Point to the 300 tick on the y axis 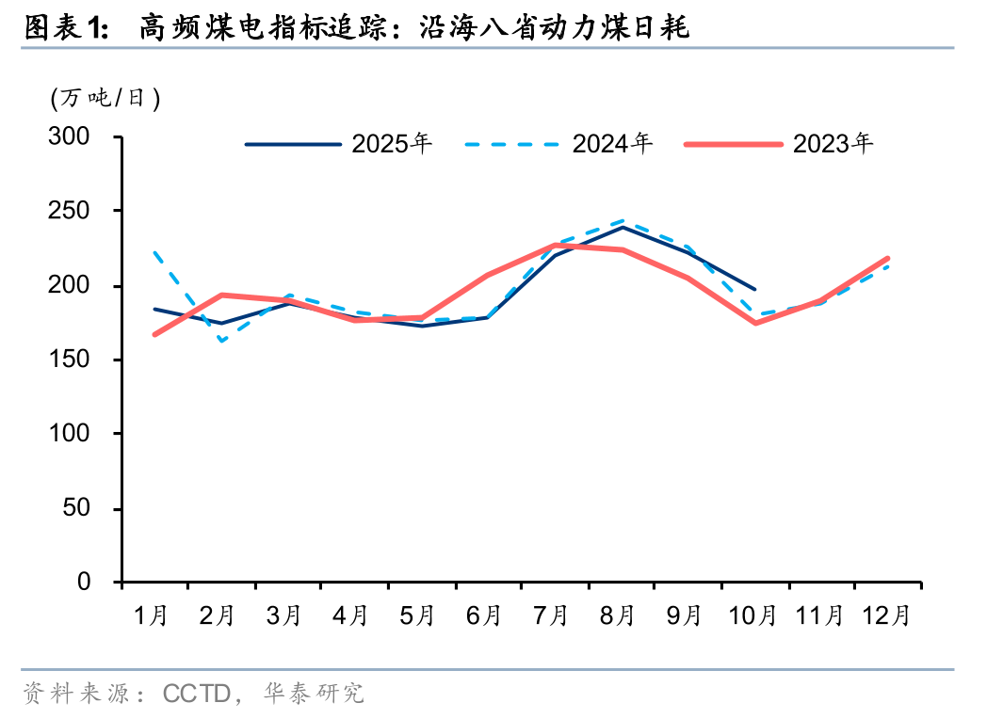[71, 137]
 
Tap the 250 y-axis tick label [71, 212]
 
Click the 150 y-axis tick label [71, 360]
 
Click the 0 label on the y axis [84, 583]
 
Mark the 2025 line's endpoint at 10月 [754, 289]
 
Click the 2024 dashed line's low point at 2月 [222, 341]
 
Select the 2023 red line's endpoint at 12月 [887, 258]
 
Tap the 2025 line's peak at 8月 [623, 227]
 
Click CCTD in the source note [197, 695]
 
